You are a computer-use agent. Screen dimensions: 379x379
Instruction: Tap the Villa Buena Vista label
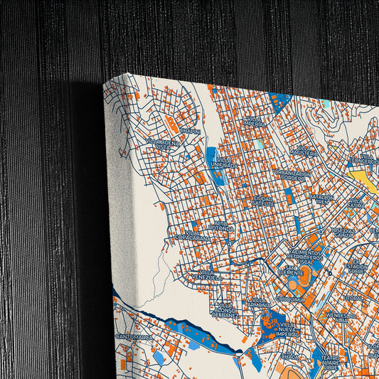(x=164, y=144)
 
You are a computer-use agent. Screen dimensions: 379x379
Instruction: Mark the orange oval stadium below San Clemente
(x=304, y=279)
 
